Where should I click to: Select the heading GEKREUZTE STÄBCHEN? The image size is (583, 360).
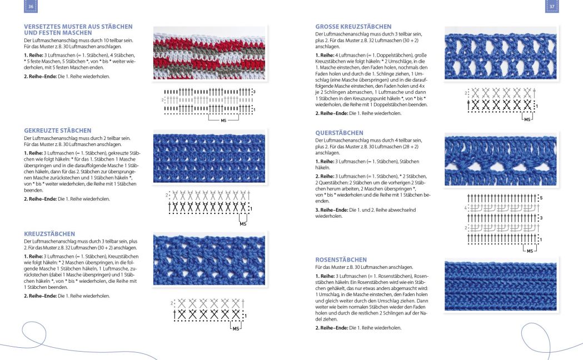[x=58, y=131]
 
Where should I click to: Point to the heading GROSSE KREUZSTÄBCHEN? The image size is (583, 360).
[x=353, y=27]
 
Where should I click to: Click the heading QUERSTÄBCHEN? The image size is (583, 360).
[x=339, y=133]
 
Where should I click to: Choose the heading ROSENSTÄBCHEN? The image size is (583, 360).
[x=341, y=259]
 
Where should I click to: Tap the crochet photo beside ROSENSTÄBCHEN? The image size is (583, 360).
[x=500, y=286]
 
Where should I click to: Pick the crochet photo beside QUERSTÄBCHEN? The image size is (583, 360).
[x=500, y=160]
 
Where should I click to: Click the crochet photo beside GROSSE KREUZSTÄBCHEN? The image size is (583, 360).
[x=500, y=52]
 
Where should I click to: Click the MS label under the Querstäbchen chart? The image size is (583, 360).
[x=529, y=251]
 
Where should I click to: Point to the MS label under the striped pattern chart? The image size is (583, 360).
[x=223, y=120]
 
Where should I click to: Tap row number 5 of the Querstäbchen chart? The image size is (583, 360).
[x=541, y=198]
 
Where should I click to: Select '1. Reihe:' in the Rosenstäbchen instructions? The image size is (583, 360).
[x=325, y=276]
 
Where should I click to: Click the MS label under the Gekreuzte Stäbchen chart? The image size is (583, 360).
[x=243, y=224]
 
